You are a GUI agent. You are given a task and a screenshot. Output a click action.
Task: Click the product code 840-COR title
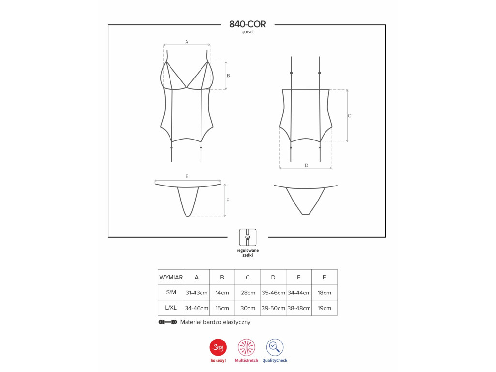[248, 24]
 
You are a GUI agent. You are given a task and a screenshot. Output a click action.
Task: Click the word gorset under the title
[248, 32]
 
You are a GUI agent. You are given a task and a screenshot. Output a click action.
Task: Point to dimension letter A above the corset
[186, 42]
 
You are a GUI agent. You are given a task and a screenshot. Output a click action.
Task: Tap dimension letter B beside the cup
[228, 76]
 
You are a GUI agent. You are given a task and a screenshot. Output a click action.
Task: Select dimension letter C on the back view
[350, 116]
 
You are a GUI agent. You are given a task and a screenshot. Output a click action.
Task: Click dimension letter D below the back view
[306, 166]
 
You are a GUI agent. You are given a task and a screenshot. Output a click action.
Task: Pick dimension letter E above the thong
[187, 176]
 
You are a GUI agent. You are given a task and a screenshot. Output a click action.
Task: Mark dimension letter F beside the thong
[228, 200]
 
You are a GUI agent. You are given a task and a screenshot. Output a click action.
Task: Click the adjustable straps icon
[248, 237]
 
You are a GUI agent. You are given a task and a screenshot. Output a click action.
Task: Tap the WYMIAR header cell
[171, 278]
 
